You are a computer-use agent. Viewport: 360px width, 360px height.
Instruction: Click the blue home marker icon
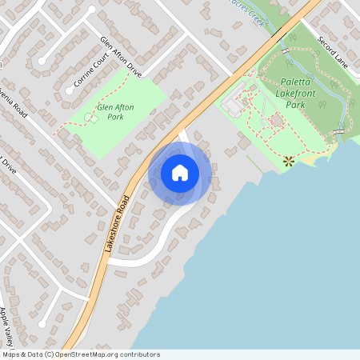coord(180,173)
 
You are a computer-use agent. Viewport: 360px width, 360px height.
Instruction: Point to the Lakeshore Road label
coord(117,223)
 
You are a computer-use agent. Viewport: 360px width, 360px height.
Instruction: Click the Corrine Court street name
coord(89,71)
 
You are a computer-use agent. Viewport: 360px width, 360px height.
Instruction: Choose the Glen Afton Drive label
coord(120,56)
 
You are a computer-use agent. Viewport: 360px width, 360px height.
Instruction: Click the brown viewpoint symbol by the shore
coord(289,161)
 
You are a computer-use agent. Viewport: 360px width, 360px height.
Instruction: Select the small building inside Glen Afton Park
coord(90,118)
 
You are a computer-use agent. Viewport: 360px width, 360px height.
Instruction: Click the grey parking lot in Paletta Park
coord(234,103)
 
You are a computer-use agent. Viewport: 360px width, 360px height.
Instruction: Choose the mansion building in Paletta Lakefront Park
coord(276,121)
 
